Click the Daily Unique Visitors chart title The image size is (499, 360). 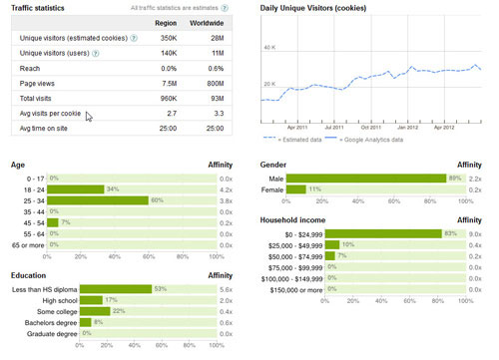point(327,7)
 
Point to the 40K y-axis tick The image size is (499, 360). point(267,47)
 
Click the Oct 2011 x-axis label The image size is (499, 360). point(372,127)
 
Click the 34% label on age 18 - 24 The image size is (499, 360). point(113,187)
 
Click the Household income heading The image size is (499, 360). point(301,217)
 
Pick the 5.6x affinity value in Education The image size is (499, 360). point(226,288)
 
